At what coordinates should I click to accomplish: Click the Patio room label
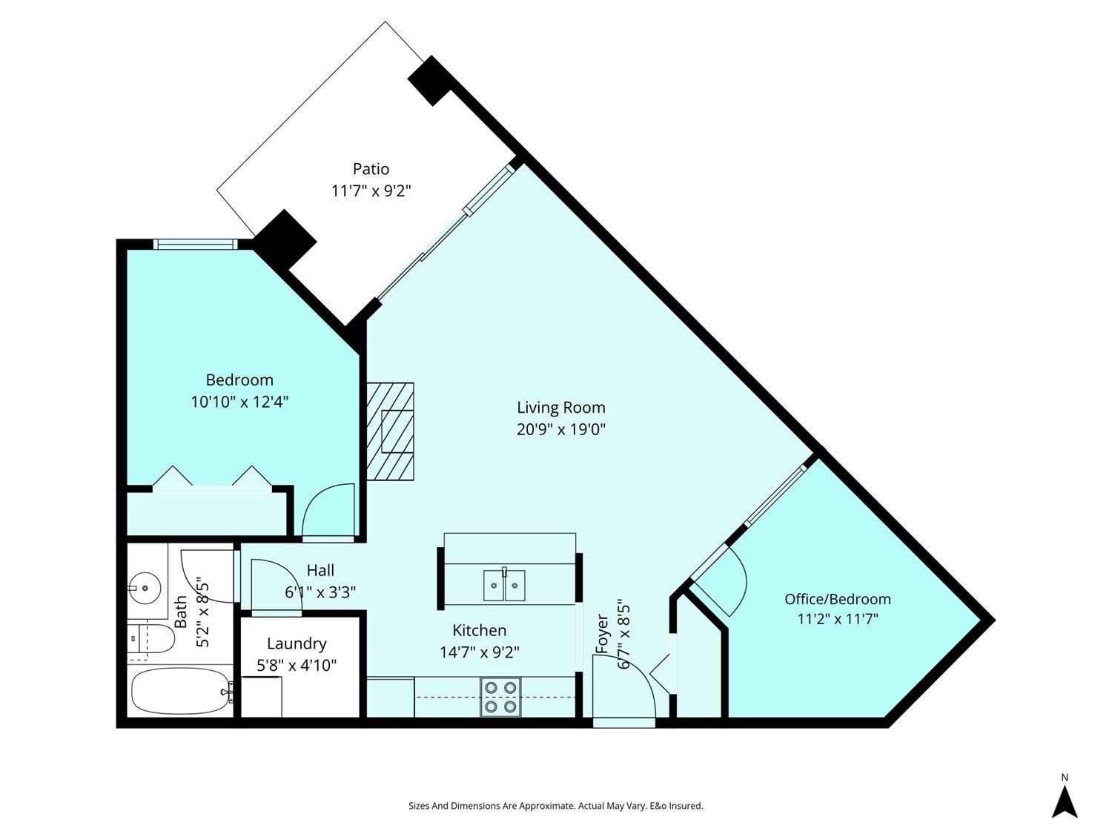(x=371, y=169)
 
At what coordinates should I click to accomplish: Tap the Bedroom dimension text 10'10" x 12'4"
(x=239, y=402)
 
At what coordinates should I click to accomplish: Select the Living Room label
(x=560, y=407)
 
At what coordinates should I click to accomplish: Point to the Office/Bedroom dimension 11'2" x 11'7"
(x=838, y=619)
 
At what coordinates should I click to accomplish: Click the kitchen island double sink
(x=505, y=585)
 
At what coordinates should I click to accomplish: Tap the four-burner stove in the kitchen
(x=500, y=698)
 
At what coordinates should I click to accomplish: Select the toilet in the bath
(x=148, y=639)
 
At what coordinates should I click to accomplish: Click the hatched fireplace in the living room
(x=391, y=431)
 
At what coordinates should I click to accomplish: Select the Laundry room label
(x=297, y=643)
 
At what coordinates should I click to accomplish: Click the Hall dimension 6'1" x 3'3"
(x=320, y=592)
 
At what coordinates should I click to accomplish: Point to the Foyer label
(x=602, y=634)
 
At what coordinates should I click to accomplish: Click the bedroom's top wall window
(x=196, y=244)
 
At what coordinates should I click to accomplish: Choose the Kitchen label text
(x=480, y=630)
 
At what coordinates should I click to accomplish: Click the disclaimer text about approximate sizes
(x=556, y=805)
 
